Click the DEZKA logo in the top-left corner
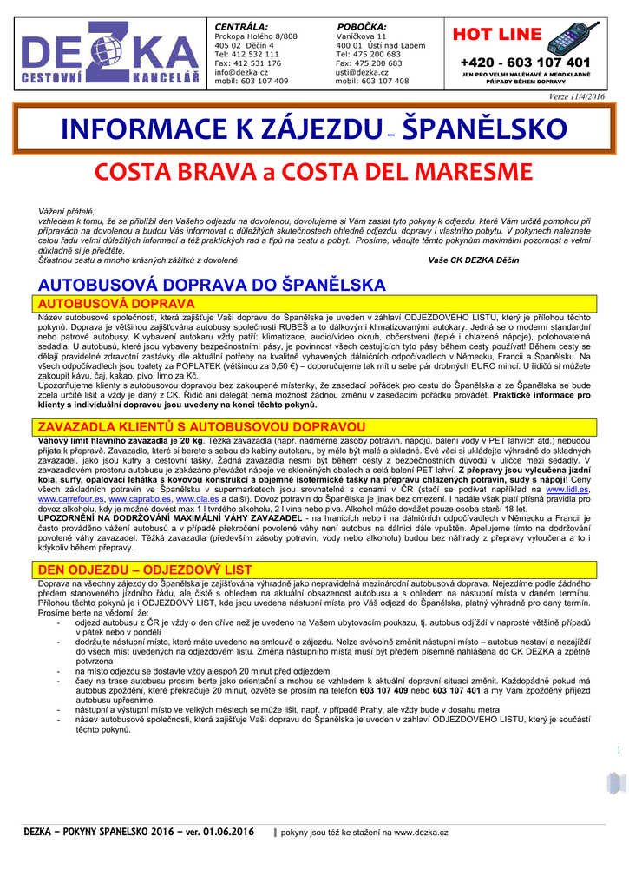click(x=110, y=58)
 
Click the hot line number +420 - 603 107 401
click(x=526, y=63)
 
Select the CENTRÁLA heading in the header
click(x=241, y=26)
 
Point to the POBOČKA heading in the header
click(x=362, y=26)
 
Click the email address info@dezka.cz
click(x=241, y=72)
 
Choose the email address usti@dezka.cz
click(x=362, y=72)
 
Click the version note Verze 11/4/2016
click(x=576, y=96)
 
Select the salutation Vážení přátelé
click(x=66, y=211)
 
